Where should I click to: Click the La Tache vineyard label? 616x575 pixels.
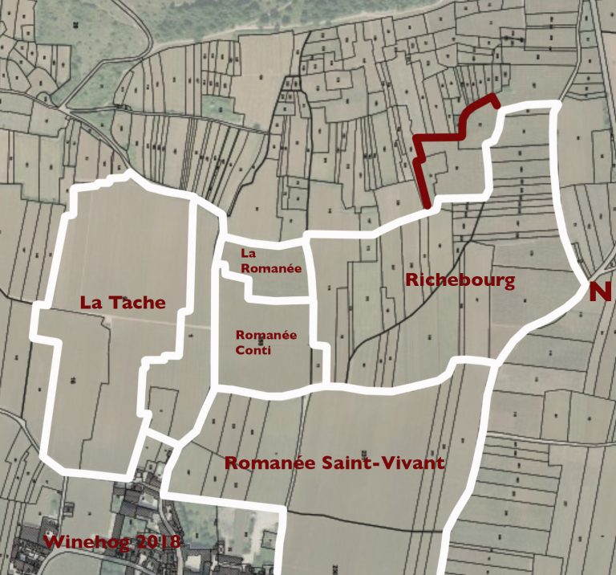point(123,303)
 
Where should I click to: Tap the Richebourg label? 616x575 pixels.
point(460,280)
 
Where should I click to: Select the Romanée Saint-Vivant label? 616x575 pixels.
point(334,463)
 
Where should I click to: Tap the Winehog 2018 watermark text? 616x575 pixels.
point(112,541)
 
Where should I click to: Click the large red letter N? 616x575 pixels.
point(602,292)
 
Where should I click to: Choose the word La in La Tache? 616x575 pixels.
point(90,303)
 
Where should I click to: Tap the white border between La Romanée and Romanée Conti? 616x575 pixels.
point(277,299)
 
